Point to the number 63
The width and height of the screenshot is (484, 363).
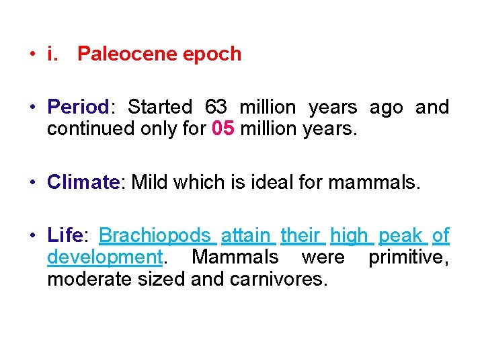point(216,108)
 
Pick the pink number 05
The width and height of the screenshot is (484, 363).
point(223,128)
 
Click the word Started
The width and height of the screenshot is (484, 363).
point(159,108)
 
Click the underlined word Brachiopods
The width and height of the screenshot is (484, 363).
point(155,236)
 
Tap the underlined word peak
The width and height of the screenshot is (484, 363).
point(401,236)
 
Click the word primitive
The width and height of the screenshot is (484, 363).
point(407,257)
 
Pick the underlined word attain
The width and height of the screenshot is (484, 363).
point(245,236)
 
